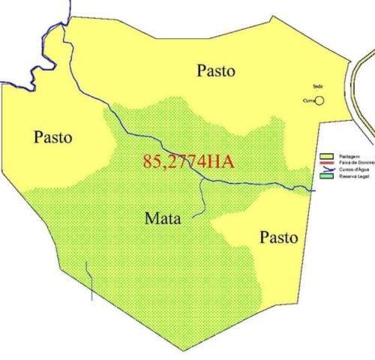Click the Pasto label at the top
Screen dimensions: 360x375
215,71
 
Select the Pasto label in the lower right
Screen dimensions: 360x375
278,238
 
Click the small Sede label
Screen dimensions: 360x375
317,86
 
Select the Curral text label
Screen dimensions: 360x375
307,100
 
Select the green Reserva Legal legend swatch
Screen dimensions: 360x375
327,175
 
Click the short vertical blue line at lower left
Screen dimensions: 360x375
91,281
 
